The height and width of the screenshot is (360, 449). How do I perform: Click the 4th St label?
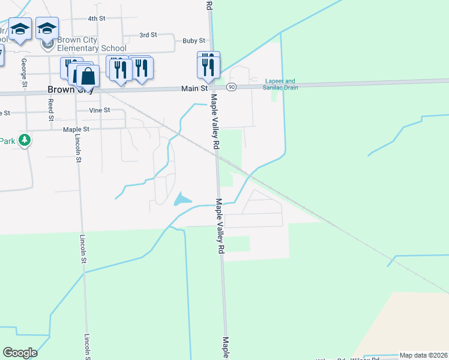pyautogui.click(x=96, y=19)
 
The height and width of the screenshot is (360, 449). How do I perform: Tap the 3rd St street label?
pyautogui.click(x=148, y=35)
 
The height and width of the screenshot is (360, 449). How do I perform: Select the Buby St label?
pyautogui.click(x=194, y=41)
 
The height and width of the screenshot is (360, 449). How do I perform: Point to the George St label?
pyautogui.click(x=24, y=70)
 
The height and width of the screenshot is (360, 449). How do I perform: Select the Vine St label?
pyautogui.click(x=99, y=110)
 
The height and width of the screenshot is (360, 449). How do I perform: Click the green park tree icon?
pyautogui.click(x=25, y=140)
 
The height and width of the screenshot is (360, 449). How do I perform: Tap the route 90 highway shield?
pyautogui.click(x=231, y=88)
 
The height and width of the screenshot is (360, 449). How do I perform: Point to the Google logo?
pyautogui.click(x=20, y=353)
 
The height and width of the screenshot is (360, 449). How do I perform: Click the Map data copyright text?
pyautogui.click(x=423, y=355)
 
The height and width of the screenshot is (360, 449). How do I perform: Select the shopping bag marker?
pyautogui.click(x=88, y=76)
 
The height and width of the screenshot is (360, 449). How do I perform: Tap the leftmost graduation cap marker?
pyautogui.click(x=20, y=30)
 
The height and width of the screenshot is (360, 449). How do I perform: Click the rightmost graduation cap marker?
pyautogui.click(x=47, y=28)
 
